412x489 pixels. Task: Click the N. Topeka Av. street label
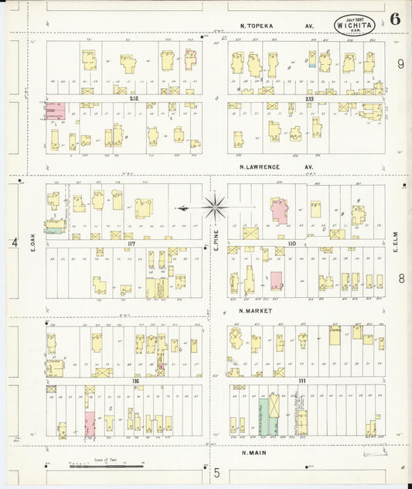pyautogui.click(x=276, y=26)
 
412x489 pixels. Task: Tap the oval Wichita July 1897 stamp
pyautogui.click(x=352, y=25)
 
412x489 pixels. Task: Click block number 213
pyautogui.click(x=309, y=99)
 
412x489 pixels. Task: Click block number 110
pyautogui.click(x=291, y=244)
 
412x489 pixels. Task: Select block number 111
pyautogui.click(x=302, y=382)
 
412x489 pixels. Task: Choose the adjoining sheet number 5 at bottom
pyautogui.click(x=217, y=472)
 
